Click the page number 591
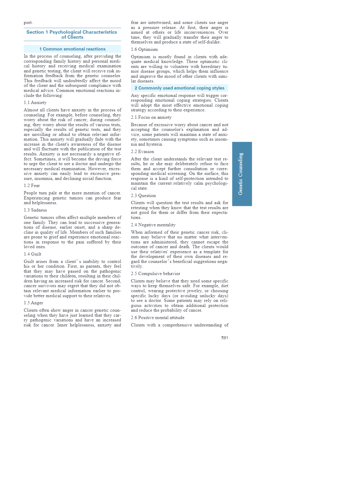tap(225, 338)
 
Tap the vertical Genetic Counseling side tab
tap(242, 174)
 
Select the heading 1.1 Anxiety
tap(35, 103)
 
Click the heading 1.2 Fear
tap(32, 186)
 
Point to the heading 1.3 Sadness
tap(35, 210)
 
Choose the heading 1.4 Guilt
tap(33, 254)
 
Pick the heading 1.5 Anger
tap(33, 303)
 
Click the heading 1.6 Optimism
tap(144, 49)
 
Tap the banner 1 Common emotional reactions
tap(72, 49)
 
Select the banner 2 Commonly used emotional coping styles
tap(179, 88)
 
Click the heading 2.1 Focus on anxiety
tap(151, 117)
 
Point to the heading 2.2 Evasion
tap(142, 152)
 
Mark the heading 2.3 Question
tap(143, 196)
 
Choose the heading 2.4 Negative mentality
tap(153, 225)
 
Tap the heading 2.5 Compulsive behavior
tap(155, 274)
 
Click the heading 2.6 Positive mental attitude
tap(158, 318)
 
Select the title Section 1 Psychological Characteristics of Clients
tap(72, 35)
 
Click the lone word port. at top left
tap(28, 23)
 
